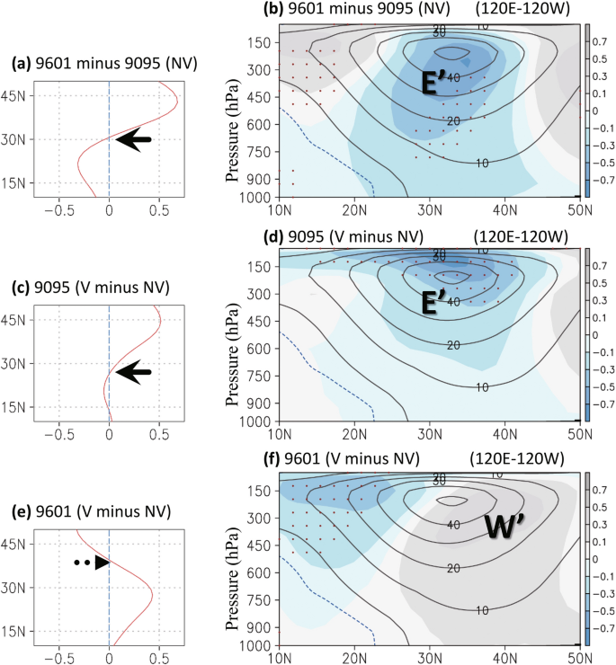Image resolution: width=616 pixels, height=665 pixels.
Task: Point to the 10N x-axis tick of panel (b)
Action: (280, 211)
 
